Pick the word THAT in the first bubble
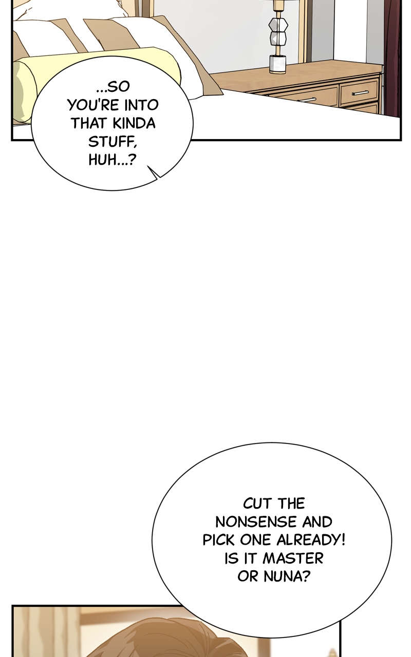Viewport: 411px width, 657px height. [x=89, y=123]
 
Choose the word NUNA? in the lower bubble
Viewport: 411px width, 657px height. [x=288, y=576]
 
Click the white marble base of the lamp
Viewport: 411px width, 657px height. [x=278, y=64]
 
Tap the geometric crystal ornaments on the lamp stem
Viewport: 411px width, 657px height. [x=277, y=31]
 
